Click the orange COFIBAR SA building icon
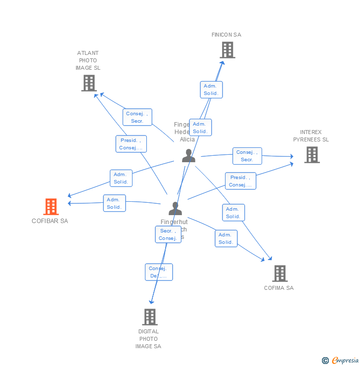[51, 207]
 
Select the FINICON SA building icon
[227, 50]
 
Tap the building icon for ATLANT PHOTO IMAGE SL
[89, 83]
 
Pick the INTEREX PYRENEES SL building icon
[312, 155]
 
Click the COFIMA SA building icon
[279, 274]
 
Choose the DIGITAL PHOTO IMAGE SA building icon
[149, 317]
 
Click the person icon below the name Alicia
[188, 155]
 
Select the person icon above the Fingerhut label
[175, 208]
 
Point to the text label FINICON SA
[226, 35]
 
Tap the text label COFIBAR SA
[50, 221]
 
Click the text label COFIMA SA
[279, 288]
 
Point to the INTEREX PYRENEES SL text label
[311, 136]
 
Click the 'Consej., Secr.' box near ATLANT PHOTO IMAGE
[137, 117]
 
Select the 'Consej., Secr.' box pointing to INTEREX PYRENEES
[247, 156]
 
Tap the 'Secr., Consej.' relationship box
[168, 234]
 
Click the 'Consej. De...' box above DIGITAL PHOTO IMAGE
[159, 272]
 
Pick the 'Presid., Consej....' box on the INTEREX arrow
[240, 181]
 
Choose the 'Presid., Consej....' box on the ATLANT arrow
[131, 144]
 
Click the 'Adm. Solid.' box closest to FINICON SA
[212, 90]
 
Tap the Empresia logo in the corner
[341, 361]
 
